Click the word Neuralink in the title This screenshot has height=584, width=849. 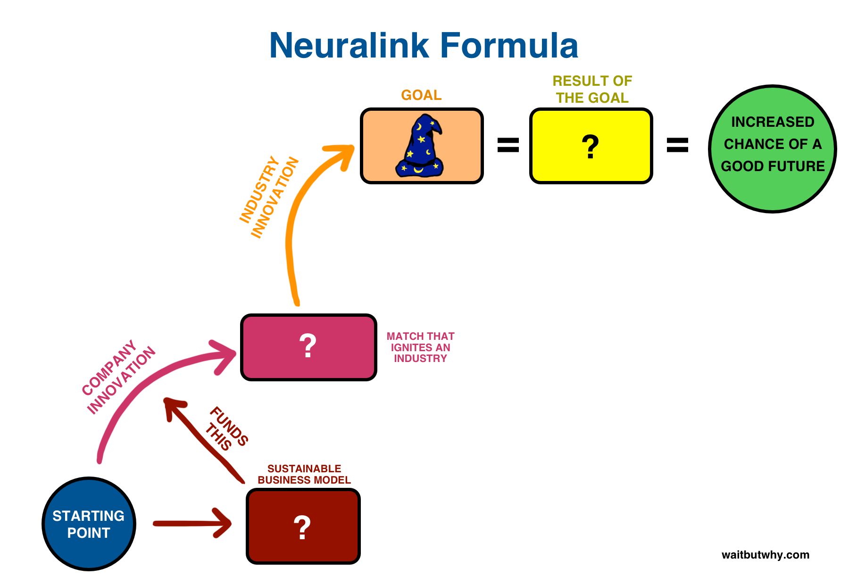pyautogui.click(x=349, y=46)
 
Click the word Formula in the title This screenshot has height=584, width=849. pyautogui.click(x=509, y=46)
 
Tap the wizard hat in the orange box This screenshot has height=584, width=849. pyautogui.click(x=420, y=146)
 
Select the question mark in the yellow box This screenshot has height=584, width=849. pyautogui.click(x=590, y=147)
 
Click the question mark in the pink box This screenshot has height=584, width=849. pyautogui.click(x=308, y=346)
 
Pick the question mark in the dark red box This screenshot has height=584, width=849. pyautogui.click(x=302, y=527)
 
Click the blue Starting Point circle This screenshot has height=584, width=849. pyautogui.click(x=89, y=524)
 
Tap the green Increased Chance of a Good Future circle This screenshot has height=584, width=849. pyautogui.click(x=773, y=149)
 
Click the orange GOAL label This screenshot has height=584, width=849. pyautogui.click(x=421, y=95)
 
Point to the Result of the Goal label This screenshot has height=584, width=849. pyautogui.click(x=592, y=90)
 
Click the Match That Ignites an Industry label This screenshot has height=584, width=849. pyautogui.click(x=420, y=347)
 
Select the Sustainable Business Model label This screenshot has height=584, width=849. pyautogui.click(x=304, y=474)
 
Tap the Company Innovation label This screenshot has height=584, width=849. pyautogui.click(x=118, y=377)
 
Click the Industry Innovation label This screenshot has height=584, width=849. pyautogui.click(x=269, y=197)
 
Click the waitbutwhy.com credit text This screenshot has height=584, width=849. pyautogui.click(x=765, y=555)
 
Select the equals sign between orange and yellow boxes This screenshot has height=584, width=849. pyautogui.click(x=508, y=145)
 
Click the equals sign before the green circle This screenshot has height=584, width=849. pyautogui.click(x=677, y=145)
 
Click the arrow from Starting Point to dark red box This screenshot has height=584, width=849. pyautogui.click(x=192, y=523)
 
